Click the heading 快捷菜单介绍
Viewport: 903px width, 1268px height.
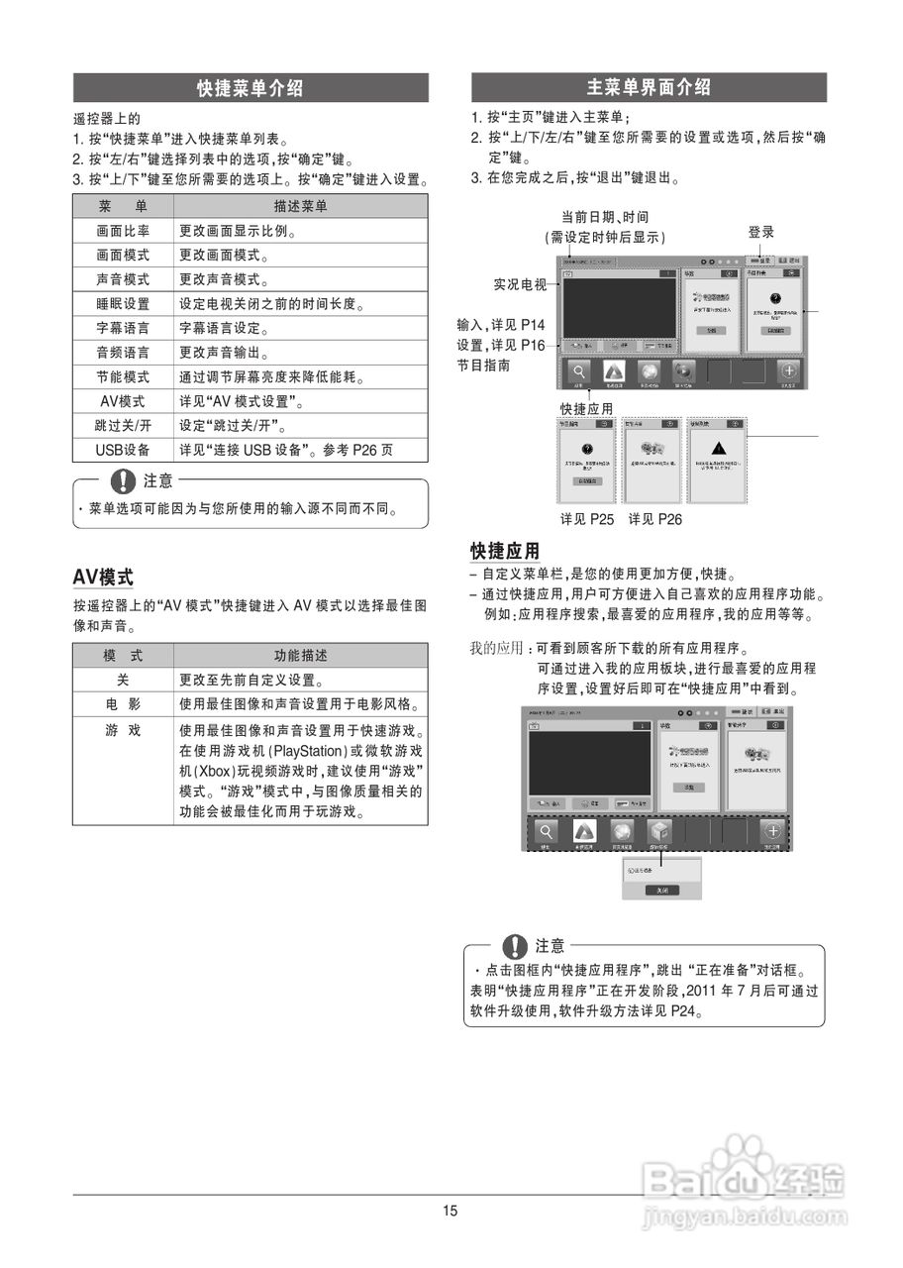[250, 88]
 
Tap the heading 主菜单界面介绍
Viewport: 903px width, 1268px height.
[649, 87]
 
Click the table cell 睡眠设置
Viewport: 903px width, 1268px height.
[123, 304]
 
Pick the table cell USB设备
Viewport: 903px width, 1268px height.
[123, 450]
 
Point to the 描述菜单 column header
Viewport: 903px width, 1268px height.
[300, 207]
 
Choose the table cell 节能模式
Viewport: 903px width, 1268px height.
[123, 377]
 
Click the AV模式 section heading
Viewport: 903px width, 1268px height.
[103, 578]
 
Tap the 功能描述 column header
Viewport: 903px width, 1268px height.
[300, 656]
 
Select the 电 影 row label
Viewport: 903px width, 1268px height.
[123, 704]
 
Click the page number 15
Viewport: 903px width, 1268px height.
[451, 1211]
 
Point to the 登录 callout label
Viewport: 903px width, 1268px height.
[760, 233]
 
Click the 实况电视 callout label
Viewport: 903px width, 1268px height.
[520, 285]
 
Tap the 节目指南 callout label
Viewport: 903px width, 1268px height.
[484, 366]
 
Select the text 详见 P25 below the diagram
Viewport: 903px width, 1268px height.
[587, 519]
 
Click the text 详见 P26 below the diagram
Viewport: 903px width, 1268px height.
[654, 519]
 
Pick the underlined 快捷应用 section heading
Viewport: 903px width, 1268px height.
[505, 551]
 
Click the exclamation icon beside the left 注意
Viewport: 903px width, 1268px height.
[123, 481]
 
